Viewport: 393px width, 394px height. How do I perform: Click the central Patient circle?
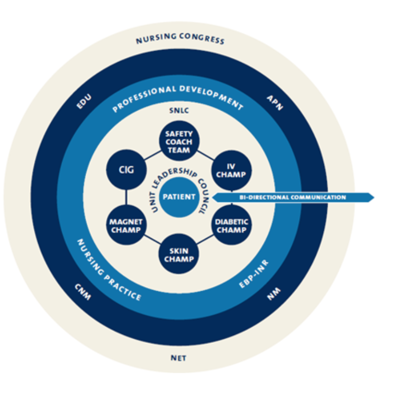179,197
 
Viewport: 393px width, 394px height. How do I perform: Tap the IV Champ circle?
230,169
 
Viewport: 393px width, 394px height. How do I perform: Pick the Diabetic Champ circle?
231,225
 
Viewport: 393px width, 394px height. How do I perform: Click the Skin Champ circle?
179,255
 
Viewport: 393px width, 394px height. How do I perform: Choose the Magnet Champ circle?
126,225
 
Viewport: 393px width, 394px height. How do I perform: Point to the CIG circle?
126,169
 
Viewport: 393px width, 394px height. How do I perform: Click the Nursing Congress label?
180,40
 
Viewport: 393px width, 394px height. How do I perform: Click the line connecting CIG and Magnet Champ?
126,197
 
